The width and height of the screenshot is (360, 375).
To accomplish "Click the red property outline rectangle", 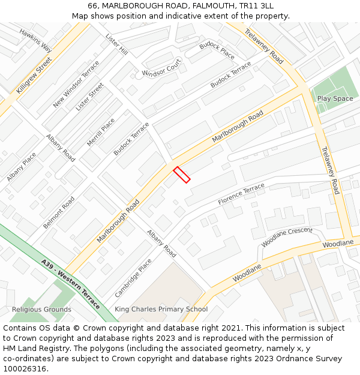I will click(182, 175).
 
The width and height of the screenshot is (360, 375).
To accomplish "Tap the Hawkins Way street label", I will click(35, 40).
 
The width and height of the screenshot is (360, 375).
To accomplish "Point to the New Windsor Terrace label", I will click(76, 88).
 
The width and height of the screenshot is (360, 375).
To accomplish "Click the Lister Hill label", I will click(116, 45).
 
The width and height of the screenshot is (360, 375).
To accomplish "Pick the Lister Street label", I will click(89, 97).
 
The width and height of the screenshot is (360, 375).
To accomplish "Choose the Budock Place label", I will click(217, 50).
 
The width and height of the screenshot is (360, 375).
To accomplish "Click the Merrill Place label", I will click(100, 133).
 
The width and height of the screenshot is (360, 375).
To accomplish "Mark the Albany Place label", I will click(22, 167).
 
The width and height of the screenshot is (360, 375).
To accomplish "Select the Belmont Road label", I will click(59, 212).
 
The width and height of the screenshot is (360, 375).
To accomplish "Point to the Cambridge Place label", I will click(133, 278).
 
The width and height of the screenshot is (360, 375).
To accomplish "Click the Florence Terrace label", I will click(241, 193).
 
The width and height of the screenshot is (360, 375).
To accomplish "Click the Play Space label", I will click(335, 98).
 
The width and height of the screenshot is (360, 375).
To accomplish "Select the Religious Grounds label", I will click(41, 310).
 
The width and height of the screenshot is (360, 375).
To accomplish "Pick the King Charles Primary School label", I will click(161, 309).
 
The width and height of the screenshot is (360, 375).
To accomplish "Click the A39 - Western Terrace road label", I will click(71, 284).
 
